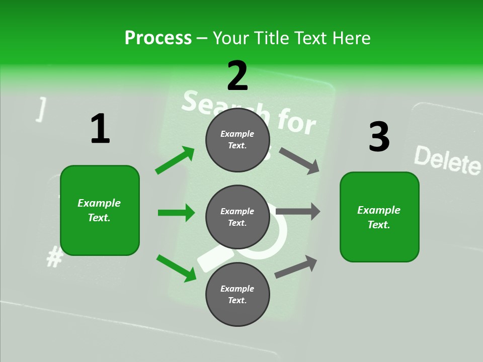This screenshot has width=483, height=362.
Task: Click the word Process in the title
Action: (158, 38)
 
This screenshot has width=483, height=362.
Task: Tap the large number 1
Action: (100, 129)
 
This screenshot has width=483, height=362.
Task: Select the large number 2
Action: (237, 76)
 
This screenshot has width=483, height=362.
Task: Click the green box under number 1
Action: (100, 210)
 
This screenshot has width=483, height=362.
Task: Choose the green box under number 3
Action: (379, 217)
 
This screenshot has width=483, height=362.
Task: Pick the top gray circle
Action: (237, 139)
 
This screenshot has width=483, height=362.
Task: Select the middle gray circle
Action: (237, 217)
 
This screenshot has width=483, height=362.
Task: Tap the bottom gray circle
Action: (237, 294)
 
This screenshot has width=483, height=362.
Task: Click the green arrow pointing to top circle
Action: (175, 160)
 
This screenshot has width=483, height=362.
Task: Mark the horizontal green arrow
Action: (176, 213)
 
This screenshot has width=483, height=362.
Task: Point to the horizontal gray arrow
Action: (298, 212)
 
